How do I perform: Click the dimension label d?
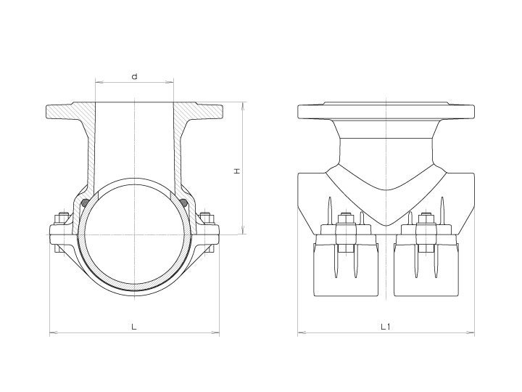pyautogui.click(x=134, y=77)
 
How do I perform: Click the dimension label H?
pyautogui.click(x=236, y=171)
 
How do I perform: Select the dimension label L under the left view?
pyautogui.click(x=134, y=327)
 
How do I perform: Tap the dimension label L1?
pyautogui.click(x=385, y=327)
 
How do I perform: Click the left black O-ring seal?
pyautogui.click(x=86, y=203)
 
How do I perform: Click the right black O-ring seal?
pyautogui.click(x=183, y=203)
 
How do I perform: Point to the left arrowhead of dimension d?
pyautogui.click(x=98, y=81)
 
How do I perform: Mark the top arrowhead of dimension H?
pyautogui.click(x=243, y=105)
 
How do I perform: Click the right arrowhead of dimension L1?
pyautogui.click(x=471, y=332)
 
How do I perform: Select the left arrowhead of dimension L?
pyautogui.click(x=53, y=332)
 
